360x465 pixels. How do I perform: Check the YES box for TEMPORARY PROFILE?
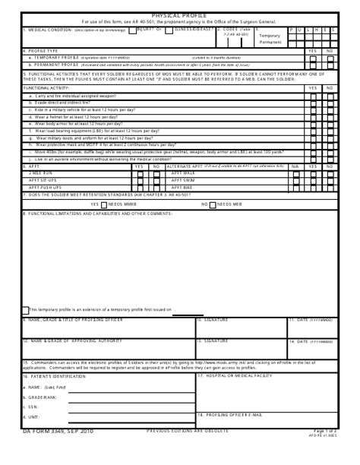[313, 58]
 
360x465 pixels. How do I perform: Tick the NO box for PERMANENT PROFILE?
[330, 65]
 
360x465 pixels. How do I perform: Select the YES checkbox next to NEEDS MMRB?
[104, 204]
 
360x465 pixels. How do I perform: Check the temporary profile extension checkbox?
[25, 309]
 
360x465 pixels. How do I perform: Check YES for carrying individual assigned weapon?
[313, 96]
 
